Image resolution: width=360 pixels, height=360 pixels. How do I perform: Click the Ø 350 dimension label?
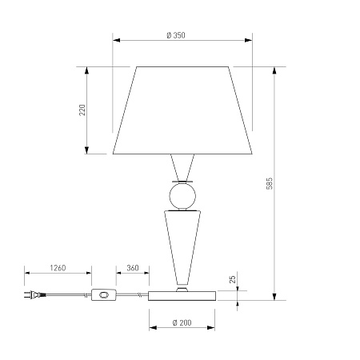tap(176, 35)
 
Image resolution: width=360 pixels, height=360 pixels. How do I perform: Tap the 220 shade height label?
tap(82, 110)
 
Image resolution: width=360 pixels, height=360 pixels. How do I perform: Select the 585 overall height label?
tap(270, 183)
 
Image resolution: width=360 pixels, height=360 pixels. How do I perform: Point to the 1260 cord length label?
tap(58, 268)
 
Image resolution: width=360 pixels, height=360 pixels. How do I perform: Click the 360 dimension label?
tap(133, 268)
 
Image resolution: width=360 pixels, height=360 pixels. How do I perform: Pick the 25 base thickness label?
tap(233, 279)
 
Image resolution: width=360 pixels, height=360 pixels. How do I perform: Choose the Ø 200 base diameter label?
tap(182, 322)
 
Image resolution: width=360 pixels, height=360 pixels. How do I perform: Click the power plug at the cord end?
tap(34, 294)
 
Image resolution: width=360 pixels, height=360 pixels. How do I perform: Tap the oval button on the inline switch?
tap(104, 295)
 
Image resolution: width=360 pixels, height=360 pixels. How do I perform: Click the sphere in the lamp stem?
tap(182, 196)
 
